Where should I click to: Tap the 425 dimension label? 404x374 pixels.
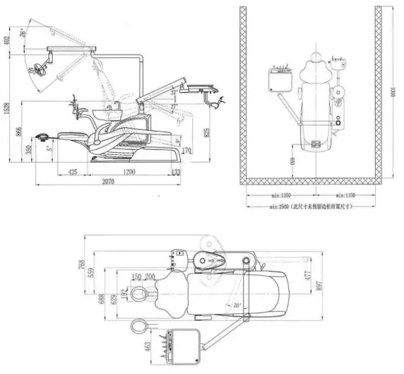(x=73, y=172)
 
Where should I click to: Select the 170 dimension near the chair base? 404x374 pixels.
(x=186, y=151)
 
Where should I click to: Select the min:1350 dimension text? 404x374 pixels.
(x=277, y=194)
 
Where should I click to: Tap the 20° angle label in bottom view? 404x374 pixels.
(x=237, y=305)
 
